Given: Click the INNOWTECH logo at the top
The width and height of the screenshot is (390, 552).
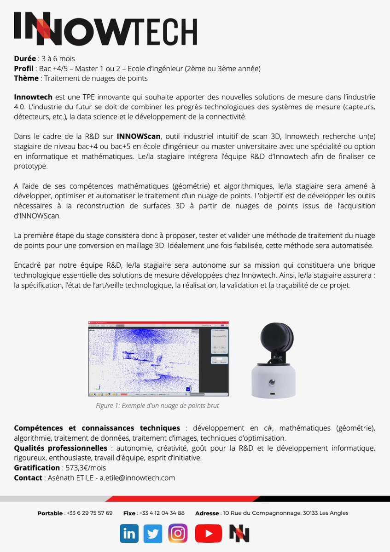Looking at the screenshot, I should [x=105, y=29].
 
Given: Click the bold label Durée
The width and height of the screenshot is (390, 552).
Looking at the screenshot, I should [x=25, y=59].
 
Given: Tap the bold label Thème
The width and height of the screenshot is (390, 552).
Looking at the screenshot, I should [x=26, y=78].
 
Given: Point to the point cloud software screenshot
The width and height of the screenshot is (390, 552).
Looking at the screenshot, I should [x=158, y=359].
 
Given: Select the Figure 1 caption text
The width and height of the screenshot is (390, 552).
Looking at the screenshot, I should [x=157, y=406].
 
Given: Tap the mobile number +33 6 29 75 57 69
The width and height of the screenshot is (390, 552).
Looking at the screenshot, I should [x=89, y=513].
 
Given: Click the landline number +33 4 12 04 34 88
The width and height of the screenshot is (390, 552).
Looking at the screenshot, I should [x=162, y=513].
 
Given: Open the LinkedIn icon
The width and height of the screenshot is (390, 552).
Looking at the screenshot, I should [x=129, y=534].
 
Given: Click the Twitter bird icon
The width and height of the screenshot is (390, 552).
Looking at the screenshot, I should [x=153, y=534].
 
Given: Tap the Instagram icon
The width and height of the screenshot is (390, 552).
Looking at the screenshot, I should [x=178, y=534].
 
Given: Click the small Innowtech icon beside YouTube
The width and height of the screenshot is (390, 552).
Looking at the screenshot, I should [x=239, y=534].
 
